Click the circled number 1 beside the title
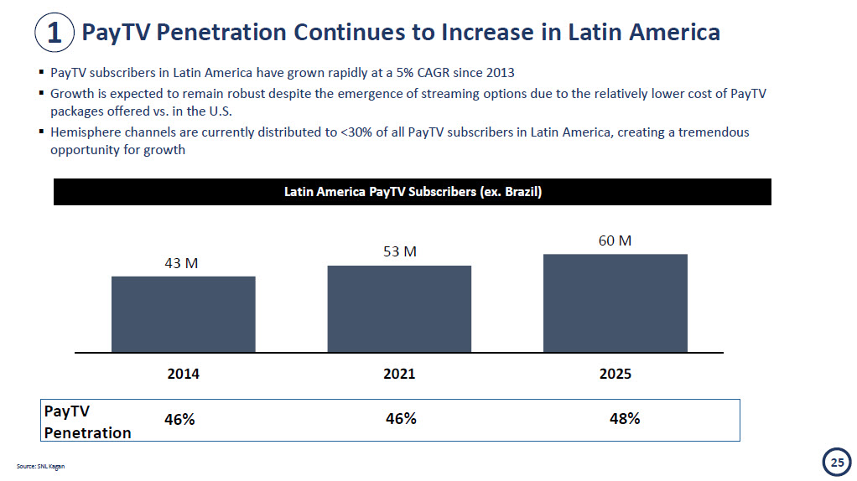(54, 33)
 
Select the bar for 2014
(183, 313)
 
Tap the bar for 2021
(399, 308)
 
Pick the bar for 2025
(615, 303)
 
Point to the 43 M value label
(181, 263)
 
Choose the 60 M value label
(615, 240)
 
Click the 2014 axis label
(184, 374)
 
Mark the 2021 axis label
(399, 374)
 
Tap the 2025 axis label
(615, 374)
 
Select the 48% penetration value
(625, 418)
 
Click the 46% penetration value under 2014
(179, 419)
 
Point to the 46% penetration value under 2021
(401, 418)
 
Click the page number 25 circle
(836, 462)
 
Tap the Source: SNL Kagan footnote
(40, 466)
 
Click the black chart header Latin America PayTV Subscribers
(413, 192)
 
